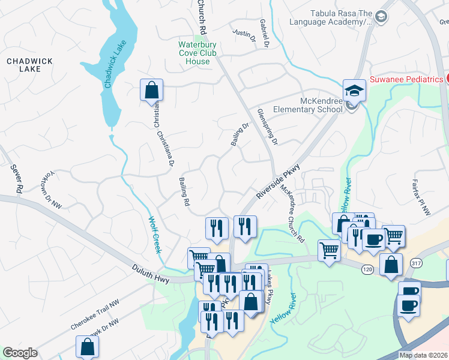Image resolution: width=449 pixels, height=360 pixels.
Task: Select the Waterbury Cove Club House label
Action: pyautogui.click(x=197, y=53)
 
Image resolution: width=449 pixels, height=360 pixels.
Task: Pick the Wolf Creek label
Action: pyautogui.click(x=155, y=234)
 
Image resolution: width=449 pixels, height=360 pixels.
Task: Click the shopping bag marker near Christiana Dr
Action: pyautogui.click(x=151, y=90)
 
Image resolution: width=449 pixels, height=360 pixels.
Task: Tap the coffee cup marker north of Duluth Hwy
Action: pyautogui.click(x=373, y=239)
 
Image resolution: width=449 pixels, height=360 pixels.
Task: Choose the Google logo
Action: pyautogui.click(x=20, y=353)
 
